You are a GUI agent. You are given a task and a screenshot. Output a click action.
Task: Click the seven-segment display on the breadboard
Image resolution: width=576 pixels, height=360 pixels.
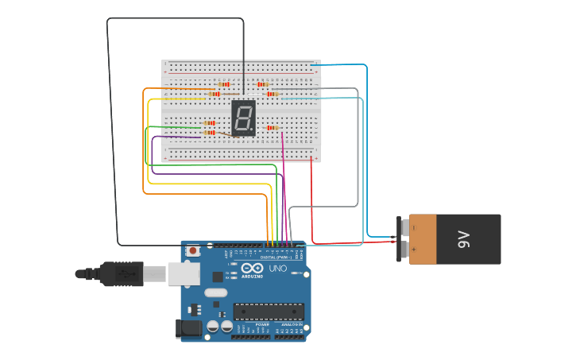[243, 118]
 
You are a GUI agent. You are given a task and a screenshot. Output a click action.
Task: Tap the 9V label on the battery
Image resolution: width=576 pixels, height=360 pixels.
[465, 238]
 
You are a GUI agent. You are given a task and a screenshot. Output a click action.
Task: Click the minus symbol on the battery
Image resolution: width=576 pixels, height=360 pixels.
[413, 228]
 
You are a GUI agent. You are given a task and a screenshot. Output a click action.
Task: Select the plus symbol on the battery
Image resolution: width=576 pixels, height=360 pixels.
[413, 250]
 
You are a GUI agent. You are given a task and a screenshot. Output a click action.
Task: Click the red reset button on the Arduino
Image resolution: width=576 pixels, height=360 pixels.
[192, 250]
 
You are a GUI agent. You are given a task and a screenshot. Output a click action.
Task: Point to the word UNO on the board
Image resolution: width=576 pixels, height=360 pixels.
[278, 269]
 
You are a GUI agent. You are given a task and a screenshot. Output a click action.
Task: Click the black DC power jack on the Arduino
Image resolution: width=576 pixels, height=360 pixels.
[187, 327]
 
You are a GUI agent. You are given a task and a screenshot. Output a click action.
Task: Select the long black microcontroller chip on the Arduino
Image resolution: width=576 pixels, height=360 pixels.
[268, 311]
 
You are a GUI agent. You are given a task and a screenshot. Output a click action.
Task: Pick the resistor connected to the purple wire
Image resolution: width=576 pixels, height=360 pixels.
[210, 133]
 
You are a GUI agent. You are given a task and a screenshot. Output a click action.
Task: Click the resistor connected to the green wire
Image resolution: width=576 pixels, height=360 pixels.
[210, 123]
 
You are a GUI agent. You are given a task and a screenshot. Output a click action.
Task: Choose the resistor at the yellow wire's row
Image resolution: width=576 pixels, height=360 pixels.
[215, 94]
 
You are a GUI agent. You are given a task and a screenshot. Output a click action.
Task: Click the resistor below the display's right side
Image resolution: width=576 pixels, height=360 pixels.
[273, 127]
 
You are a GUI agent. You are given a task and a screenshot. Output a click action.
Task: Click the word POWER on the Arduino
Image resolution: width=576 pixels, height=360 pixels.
[262, 324]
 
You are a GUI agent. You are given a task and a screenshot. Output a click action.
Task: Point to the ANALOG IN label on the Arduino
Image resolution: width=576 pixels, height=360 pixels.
[290, 324]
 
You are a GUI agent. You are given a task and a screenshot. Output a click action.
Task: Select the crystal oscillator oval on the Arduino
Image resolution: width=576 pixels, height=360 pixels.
[215, 292]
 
